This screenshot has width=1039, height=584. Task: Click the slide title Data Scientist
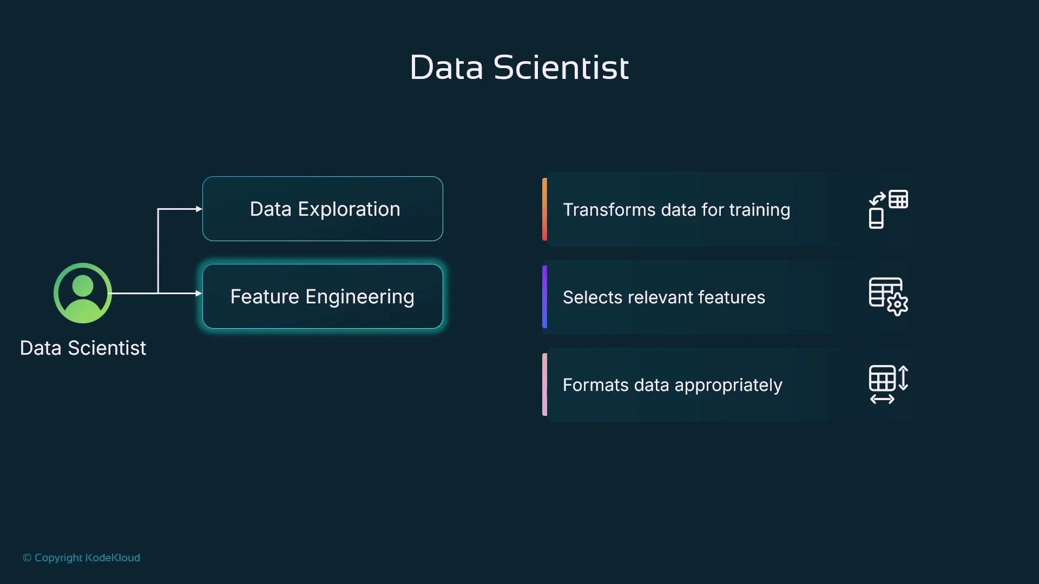tap(519, 68)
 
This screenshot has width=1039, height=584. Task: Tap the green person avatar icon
tap(83, 293)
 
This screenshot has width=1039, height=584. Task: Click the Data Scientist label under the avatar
tap(83, 348)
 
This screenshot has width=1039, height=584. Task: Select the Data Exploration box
tap(323, 209)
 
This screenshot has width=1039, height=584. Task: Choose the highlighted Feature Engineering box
tap(323, 296)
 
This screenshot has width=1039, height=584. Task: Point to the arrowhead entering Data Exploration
tap(199, 209)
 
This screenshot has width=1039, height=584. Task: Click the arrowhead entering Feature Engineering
tap(199, 293)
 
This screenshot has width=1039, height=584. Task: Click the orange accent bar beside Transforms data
tap(544, 209)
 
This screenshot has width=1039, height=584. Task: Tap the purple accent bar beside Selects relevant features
tap(544, 296)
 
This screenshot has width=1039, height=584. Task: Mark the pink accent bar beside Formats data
tap(544, 384)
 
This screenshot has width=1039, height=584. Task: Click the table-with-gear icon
tap(888, 296)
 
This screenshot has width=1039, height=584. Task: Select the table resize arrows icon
tap(888, 384)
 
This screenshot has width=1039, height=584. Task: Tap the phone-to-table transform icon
tap(888, 209)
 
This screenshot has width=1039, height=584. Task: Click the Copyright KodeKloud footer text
tap(81, 558)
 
